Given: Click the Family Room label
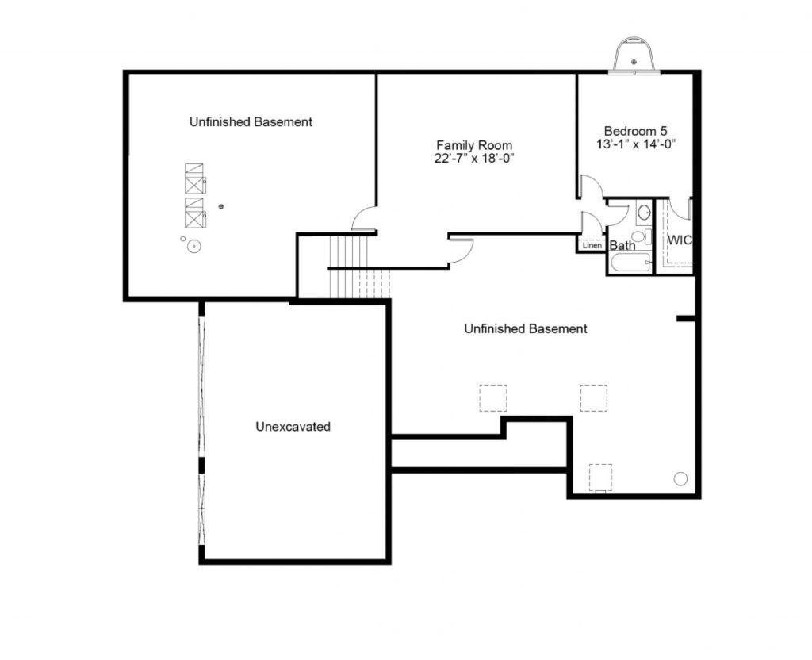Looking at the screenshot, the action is (474, 145).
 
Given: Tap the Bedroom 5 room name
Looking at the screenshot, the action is (635, 131).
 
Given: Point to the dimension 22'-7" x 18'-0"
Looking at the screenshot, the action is (474, 158).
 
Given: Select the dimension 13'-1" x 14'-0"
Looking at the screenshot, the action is (636, 144).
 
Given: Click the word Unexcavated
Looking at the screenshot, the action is (293, 426).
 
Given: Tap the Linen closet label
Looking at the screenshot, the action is (592, 245).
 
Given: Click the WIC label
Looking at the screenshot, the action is (680, 240).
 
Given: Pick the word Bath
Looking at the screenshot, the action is (622, 245).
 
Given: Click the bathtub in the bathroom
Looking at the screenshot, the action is (631, 263).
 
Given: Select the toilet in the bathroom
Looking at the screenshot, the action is (641, 236).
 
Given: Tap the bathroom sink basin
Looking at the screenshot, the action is (644, 211).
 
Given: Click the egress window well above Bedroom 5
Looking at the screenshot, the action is (634, 55).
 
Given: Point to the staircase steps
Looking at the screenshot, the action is (359, 267).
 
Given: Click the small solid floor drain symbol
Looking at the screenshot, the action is (221, 207).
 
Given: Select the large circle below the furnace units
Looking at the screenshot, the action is (194, 246).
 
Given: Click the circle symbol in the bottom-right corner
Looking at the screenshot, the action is (680, 478).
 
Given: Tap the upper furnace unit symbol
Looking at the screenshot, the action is (195, 178).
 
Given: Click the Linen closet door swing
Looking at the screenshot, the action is (591, 223).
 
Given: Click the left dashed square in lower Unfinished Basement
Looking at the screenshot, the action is (493, 398).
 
